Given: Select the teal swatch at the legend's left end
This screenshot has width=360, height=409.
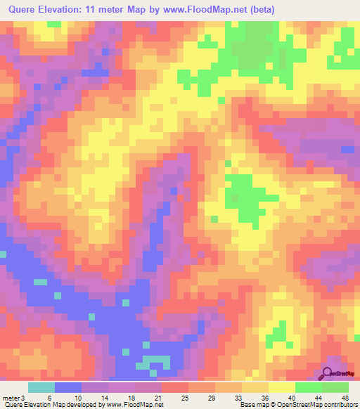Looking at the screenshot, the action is point(41,387).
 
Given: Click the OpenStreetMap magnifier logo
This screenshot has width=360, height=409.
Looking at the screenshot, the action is point(328,373).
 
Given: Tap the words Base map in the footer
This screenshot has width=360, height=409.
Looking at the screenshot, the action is point(250,405).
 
